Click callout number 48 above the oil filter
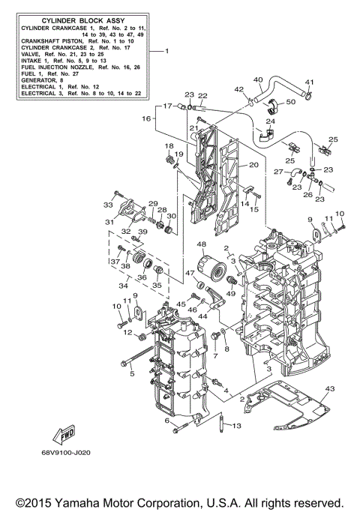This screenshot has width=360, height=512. tap(201, 244)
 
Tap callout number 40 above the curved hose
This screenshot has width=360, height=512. tap(257, 80)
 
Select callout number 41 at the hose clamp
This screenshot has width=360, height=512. tap(309, 82)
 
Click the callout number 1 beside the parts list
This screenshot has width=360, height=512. tap(166, 51)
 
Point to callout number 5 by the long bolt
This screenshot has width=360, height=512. tap(130, 373)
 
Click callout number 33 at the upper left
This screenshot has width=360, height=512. tap(108, 204)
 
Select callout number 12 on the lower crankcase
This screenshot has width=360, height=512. tap(128, 332)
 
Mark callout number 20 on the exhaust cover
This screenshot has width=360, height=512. tap(253, 165)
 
